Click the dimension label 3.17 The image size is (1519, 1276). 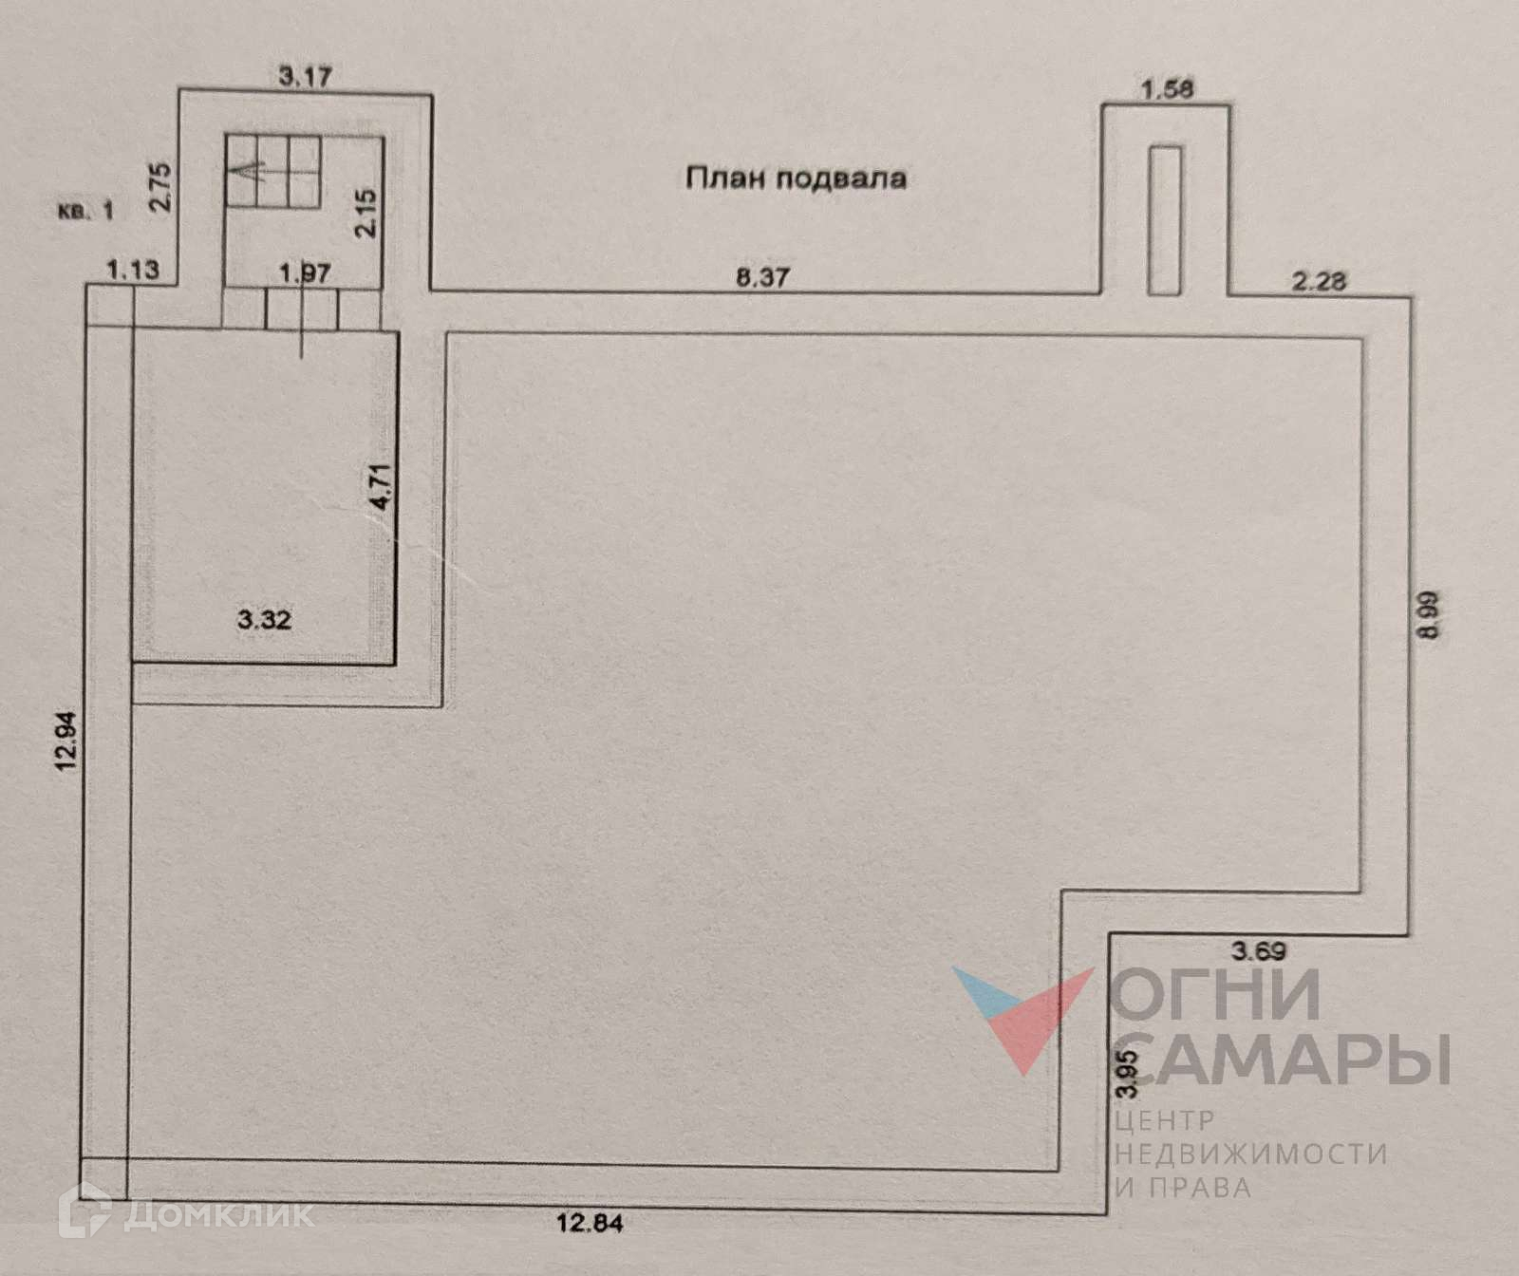(x=305, y=75)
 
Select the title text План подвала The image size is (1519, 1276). (x=796, y=178)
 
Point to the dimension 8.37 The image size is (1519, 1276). (x=763, y=277)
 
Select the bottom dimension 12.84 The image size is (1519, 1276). (x=590, y=1223)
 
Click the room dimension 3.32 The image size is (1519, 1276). (x=264, y=621)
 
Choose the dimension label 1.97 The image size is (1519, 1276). (x=305, y=273)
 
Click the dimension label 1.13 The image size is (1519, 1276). (x=134, y=271)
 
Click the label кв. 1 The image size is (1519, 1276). (x=84, y=211)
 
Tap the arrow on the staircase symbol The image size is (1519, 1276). (x=243, y=173)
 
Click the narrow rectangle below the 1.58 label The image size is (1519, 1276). (x=1164, y=219)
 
